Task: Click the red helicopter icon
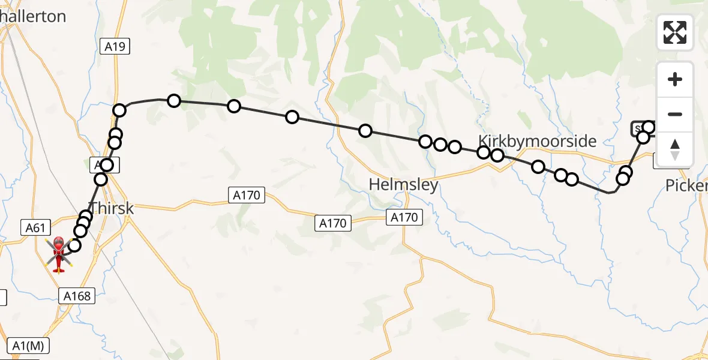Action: coord(59,254)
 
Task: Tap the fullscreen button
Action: coord(675,32)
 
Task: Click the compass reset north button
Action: coord(675,149)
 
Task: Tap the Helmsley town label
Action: coord(403,184)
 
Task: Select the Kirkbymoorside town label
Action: coord(537,141)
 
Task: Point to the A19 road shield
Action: coord(114,46)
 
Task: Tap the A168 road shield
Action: coord(76,295)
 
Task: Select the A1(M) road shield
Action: coord(29,346)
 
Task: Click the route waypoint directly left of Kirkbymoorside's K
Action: coord(455,147)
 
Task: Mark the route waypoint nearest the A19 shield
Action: coord(119,110)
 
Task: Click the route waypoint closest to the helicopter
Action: coord(74,245)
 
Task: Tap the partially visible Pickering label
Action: coord(687,187)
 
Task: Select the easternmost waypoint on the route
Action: coord(648,127)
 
